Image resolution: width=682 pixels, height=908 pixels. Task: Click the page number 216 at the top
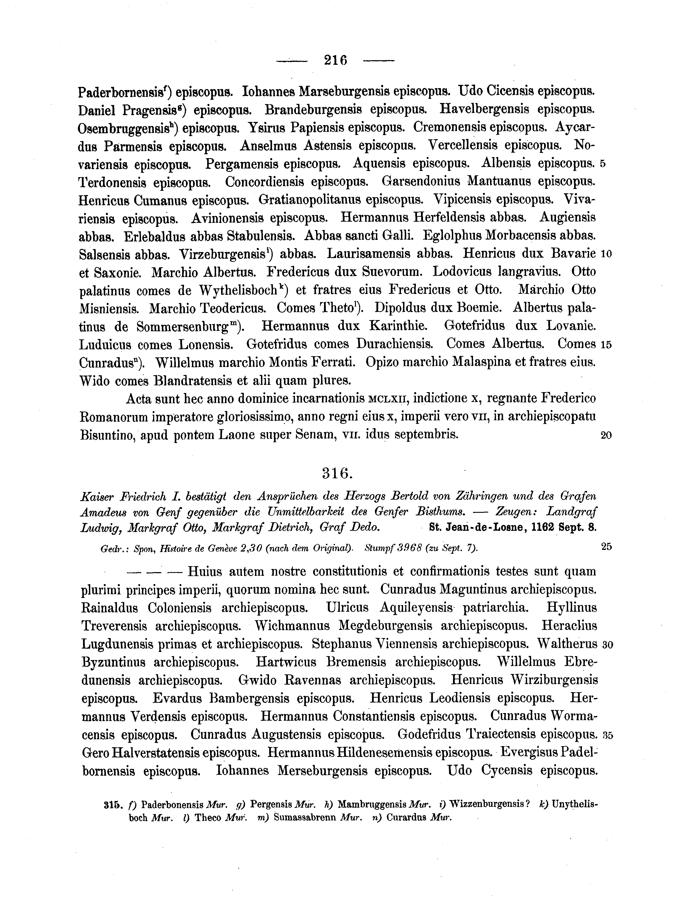tap(335, 60)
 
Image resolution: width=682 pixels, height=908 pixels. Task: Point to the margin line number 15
tap(606, 345)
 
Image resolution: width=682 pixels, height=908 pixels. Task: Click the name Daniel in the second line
tap(98, 110)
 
